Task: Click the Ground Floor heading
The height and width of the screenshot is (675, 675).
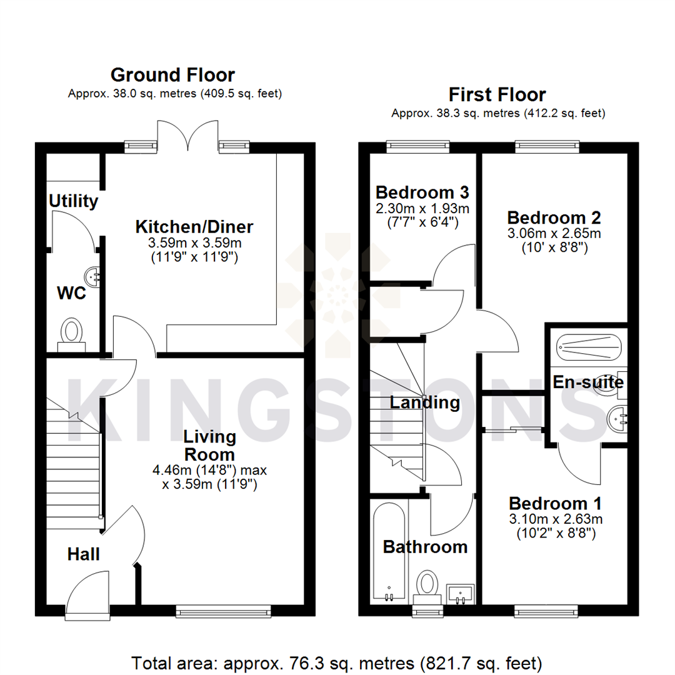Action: click(172, 75)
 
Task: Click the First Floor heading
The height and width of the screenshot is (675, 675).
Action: click(497, 95)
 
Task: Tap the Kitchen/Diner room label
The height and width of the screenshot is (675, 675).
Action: click(194, 226)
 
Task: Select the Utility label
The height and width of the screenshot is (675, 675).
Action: click(74, 201)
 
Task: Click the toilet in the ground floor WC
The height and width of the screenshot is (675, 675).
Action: click(72, 331)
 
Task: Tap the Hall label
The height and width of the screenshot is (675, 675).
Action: click(84, 554)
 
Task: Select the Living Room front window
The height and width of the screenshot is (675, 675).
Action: click(224, 611)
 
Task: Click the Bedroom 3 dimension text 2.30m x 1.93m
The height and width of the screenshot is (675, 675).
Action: click(422, 208)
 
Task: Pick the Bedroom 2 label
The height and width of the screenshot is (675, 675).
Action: click(554, 218)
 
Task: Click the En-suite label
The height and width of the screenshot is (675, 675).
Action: click(588, 381)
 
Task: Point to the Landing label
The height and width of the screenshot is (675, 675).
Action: click(425, 402)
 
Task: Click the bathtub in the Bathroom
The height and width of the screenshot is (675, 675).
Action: click(387, 550)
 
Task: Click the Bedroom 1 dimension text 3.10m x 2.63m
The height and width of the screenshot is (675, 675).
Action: click(556, 519)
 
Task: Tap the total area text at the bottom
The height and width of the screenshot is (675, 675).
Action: click(336, 662)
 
